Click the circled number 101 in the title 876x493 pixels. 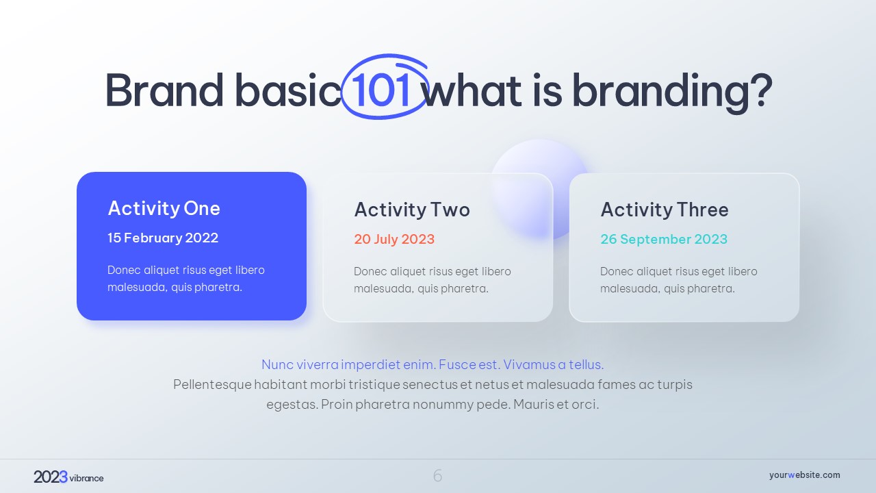381,90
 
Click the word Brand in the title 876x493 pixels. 164,90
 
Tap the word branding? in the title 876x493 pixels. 673,92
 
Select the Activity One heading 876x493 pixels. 164,208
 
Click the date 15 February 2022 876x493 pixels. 163,238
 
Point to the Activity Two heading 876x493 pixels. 412,210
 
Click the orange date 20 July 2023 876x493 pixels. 394,239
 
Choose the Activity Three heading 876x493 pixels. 665,210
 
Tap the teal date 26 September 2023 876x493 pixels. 664,239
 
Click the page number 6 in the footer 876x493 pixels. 437,476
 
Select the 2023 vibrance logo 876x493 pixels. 68,477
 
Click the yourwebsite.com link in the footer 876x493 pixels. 804,475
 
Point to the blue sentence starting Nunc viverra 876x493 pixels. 433,365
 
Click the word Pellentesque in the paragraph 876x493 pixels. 212,385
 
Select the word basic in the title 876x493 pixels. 288,90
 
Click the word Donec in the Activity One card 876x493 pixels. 124,270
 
